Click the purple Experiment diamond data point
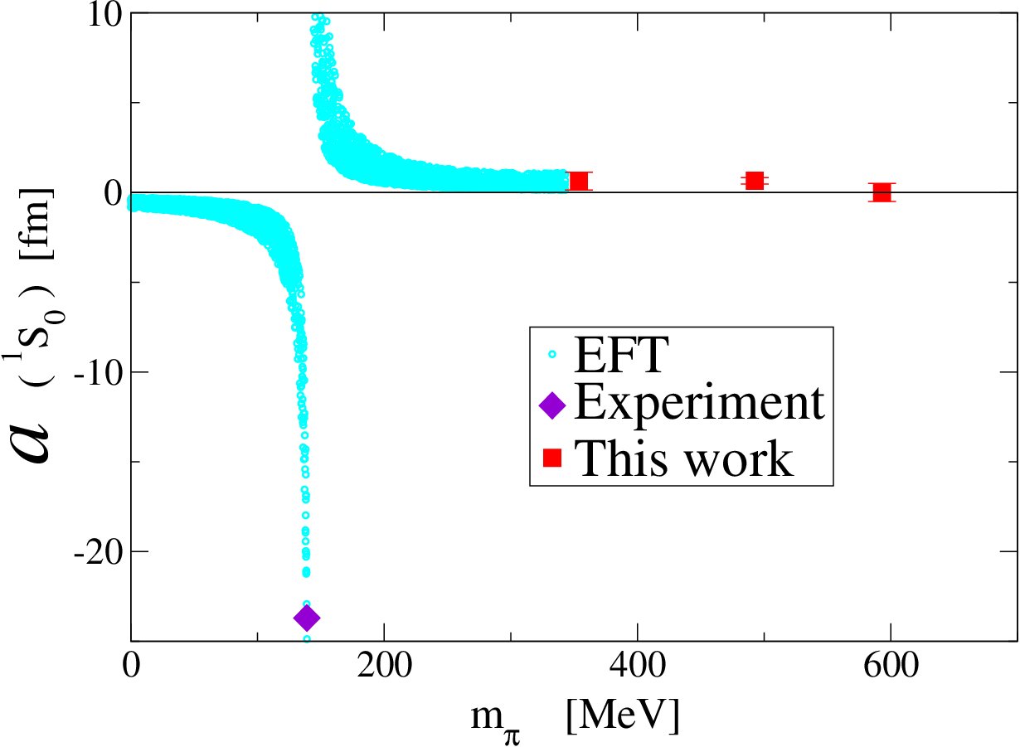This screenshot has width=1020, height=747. pos(307,618)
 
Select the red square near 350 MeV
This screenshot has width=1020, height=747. pos(578,180)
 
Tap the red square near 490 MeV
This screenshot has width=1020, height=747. pos(754,180)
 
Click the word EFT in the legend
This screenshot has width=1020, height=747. pos(622,357)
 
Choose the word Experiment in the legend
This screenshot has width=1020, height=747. pos(699,404)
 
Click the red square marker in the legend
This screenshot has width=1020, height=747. pos(551,457)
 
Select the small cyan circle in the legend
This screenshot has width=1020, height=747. pos(551,356)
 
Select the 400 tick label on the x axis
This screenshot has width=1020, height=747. pos(637,667)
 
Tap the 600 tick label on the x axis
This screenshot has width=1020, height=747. pos(890,667)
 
